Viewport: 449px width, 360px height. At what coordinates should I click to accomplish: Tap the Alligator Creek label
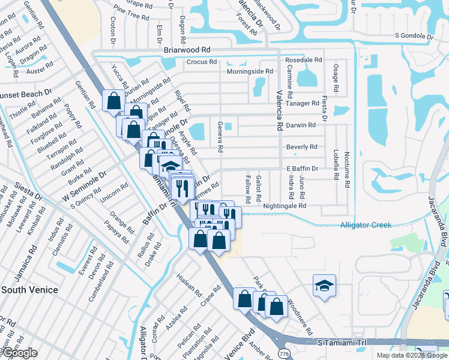pos(366,225)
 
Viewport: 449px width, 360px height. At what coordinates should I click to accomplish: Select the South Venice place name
pos(29,290)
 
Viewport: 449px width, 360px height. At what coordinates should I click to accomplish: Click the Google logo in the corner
pos(19,353)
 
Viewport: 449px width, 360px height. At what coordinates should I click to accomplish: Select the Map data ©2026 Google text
pos(411,355)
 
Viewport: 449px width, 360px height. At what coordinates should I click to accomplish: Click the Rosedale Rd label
pos(304,61)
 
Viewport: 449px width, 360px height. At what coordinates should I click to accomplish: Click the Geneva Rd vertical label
pos(220,140)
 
